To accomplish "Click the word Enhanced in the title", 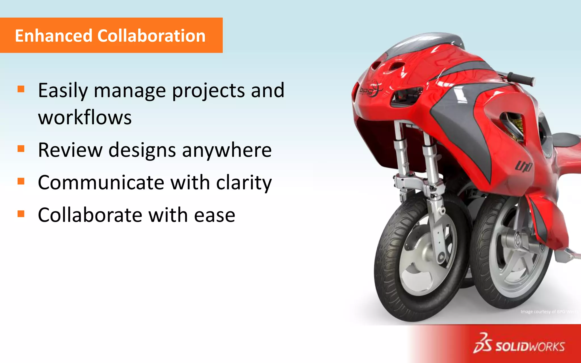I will (x=54, y=36).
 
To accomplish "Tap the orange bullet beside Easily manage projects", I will (x=21, y=89).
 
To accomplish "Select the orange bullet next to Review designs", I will (x=21, y=149).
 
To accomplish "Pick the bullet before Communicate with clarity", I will (x=21, y=181).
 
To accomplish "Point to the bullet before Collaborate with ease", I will (x=21, y=214).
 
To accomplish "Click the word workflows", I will (x=85, y=117).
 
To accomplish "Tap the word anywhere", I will (x=227, y=150).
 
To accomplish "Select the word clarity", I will (x=244, y=183).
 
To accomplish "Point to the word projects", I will (x=209, y=91).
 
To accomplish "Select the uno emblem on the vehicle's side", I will (x=523, y=167).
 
